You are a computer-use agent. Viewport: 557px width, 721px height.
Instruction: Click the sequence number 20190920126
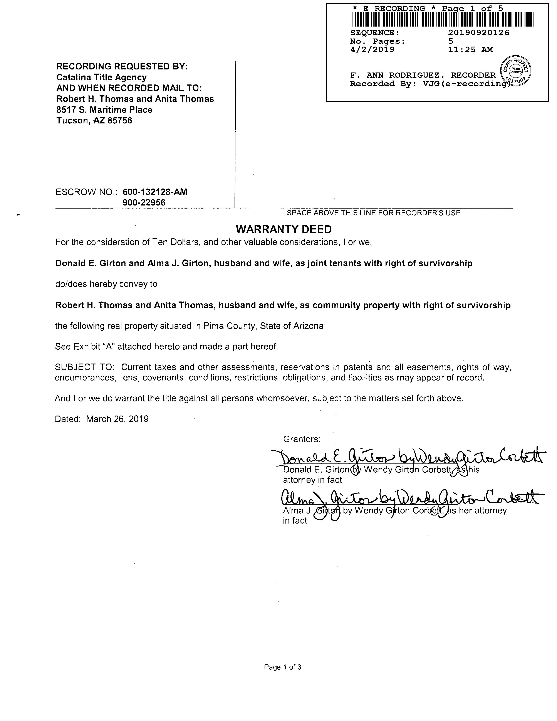pyautogui.click(x=478, y=33)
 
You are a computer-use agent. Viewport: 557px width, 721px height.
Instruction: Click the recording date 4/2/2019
pyautogui.click(x=372, y=50)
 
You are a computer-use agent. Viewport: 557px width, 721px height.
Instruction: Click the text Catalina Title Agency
pyautogui.click(x=101, y=77)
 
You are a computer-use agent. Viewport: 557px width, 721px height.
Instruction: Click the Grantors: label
pyautogui.click(x=302, y=439)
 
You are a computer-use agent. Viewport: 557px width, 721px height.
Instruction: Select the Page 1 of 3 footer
pyautogui.click(x=282, y=667)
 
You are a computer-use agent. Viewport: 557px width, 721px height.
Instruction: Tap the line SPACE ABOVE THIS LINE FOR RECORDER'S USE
pyautogui.click(x=373, y=213)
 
